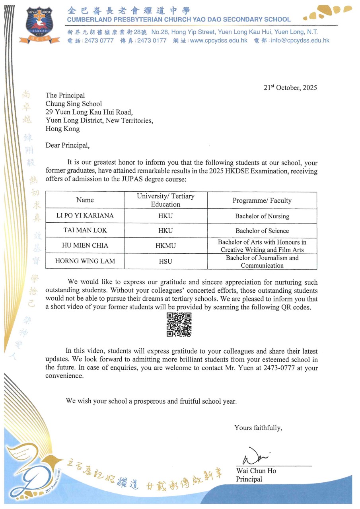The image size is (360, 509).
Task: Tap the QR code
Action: pyautogui.click(x=179, y=325)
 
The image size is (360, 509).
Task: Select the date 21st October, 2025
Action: pyautogui.click(x=290, y=88)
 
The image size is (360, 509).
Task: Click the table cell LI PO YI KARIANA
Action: pyautogui.click(x=85, y=216)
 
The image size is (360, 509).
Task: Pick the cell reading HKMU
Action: pyautogui.click(x=165, y=246)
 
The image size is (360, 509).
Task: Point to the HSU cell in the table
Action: pyautogui.click(x=165, y=261)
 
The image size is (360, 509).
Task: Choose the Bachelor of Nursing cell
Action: pyautogui.click(x=262, y=216)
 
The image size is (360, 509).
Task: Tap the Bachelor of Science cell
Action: pyautogui.click(x=262, y=231)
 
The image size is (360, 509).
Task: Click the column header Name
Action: pyautogui.click(x=85, y=200)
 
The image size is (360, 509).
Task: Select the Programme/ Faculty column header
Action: pyautogui.click(x=262, y=200)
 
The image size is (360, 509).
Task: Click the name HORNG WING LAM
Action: pyautogui.click(x=85, y=261)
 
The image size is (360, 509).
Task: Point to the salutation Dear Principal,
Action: pyautogui.click(x=68, y=146)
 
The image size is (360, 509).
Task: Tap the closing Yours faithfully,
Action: pyautogui.click(x=258, y=427)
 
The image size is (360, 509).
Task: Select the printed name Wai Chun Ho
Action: pyautogui.click(x=256, y=471)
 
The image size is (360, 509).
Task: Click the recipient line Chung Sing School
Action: pyautogui.click(x=74, y=104)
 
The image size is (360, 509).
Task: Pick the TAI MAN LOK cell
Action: pyautogui.click(x=85, y=231)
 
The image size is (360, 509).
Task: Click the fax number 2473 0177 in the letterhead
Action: pyautogui.click(x=152, y=40)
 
